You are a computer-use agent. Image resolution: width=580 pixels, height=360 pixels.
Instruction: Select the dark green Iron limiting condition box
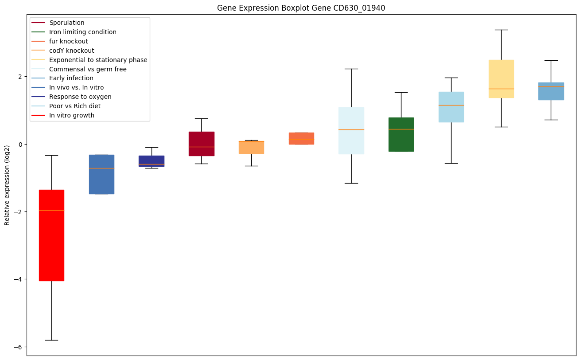[x=401, y=134]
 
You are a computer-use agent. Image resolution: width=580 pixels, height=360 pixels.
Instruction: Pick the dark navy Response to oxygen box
[x=152, y=160]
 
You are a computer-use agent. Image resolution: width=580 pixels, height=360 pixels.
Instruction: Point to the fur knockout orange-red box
[x=301, y=138]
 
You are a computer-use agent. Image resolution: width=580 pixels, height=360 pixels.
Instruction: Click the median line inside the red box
[x=51, y=210]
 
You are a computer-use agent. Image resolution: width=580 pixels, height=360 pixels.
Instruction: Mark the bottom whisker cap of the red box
[x=51, y=340]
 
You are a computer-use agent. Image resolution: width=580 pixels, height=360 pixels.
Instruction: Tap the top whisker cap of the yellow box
[x=501, y=30]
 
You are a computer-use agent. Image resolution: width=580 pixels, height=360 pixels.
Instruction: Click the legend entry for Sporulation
[x=67, y=23]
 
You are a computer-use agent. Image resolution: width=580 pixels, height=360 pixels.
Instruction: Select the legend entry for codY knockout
[x=71, y=51]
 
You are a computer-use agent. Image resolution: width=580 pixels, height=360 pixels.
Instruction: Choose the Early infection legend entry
[x=71, y=78]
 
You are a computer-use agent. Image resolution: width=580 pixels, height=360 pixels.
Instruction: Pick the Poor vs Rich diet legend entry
[x=74, y=106]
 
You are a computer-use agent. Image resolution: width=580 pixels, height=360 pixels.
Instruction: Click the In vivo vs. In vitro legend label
[x=76, y=88]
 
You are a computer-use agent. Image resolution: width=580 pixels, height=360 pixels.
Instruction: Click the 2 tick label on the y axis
[x=20, y=77]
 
